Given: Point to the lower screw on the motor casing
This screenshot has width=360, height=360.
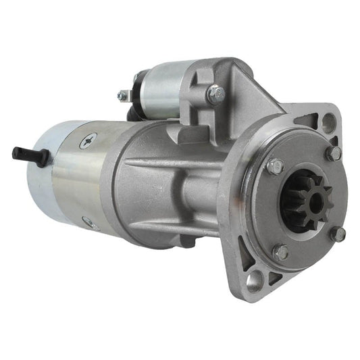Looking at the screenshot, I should click(x=87, y=222).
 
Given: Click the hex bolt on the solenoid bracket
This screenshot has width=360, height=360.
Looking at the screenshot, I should click(x=215, y=95).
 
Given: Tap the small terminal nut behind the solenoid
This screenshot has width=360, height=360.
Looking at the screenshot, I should click(x=124, y=96).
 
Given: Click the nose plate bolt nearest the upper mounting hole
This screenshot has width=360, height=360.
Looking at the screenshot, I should click(x=333, y=153).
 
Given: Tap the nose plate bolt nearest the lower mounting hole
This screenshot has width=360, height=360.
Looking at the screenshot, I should click(x=280, y=252).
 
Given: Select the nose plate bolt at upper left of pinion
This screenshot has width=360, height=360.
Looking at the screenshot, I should click(x=274, y=165).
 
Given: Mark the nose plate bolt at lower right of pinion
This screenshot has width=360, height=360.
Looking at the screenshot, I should click(x=338, y=234).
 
